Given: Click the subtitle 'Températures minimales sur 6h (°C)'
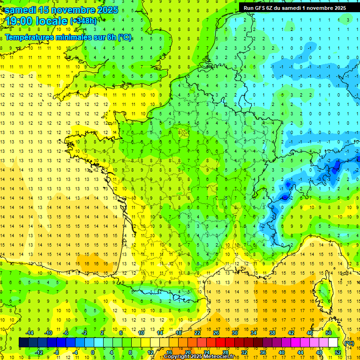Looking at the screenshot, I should click(x=68, y=37).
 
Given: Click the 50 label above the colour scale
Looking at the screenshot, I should click(x=328, y=332).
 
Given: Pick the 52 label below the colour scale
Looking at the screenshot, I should click(x=337, y=352).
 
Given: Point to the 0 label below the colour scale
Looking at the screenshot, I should click(x=93, y=352).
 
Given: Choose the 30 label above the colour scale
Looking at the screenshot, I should click(x=234, y=332).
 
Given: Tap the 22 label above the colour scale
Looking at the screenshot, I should click(x=197, y=332).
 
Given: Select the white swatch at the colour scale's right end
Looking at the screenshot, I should click(x=333, y=342).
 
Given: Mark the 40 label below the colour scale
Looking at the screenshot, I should click(x=281, y=352).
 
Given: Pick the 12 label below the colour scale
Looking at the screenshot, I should click(x=150, y=352).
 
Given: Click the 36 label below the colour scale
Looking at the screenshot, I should click(x=262, y=352).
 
